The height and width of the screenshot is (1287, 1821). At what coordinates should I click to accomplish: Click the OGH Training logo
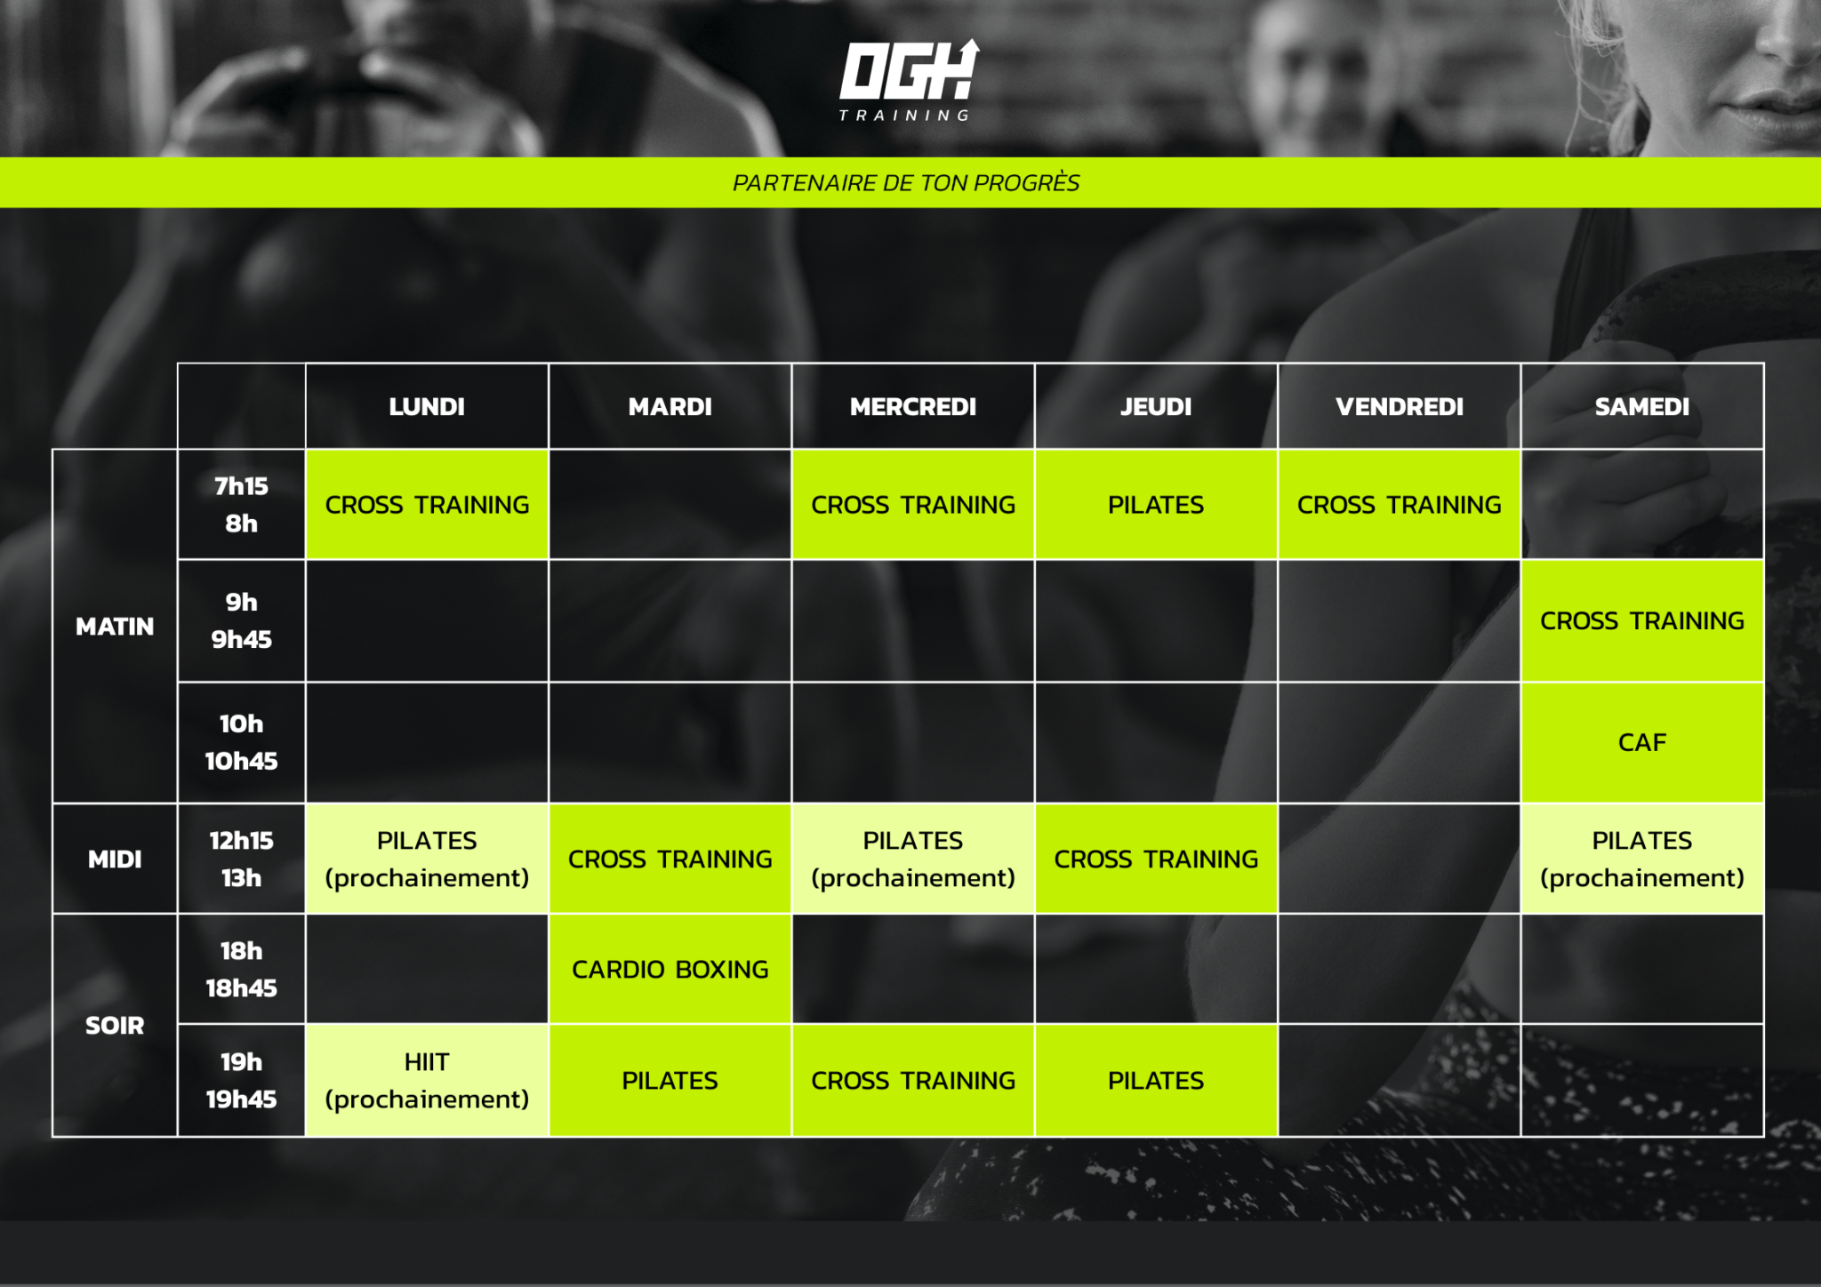pos(909,80)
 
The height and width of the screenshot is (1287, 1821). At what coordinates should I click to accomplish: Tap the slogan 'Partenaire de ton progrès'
pos(906,183)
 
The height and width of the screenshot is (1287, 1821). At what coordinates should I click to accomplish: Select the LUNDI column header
pos(427,406)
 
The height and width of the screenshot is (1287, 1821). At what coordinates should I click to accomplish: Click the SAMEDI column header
pos(1642,406)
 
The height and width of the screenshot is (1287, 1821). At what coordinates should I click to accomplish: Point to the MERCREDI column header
pos(913,406)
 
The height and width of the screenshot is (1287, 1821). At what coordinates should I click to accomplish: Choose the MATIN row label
pos(115,627)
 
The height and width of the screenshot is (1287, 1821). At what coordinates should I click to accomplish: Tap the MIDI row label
pos(115,859)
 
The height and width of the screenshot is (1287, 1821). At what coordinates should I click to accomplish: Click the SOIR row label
pos(115,1026)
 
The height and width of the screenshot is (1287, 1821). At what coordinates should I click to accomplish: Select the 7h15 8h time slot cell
pos(241,505)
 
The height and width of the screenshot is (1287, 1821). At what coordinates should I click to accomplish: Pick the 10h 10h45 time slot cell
pos(241,743)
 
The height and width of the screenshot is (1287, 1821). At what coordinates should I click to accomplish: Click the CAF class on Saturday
pos(1642,743)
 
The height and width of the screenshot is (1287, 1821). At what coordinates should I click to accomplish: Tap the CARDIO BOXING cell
pos(670,970)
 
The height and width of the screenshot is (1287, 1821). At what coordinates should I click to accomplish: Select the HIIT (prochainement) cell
pos(427,1081)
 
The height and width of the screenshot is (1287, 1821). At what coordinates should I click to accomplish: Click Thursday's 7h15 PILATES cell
pos(1156,505)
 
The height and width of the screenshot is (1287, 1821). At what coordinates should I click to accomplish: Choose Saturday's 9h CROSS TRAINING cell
pos(1642,621)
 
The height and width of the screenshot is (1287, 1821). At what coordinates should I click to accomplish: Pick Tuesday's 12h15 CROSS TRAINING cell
pos(670,859)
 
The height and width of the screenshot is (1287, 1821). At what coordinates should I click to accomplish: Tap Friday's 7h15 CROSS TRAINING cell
pos(1400,505)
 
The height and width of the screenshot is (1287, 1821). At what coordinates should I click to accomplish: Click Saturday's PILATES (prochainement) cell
pos(1642,859)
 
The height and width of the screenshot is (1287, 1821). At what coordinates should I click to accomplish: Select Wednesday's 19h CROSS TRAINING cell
pos(913,1081)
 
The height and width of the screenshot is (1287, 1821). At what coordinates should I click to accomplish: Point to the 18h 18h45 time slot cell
pos(241,970)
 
